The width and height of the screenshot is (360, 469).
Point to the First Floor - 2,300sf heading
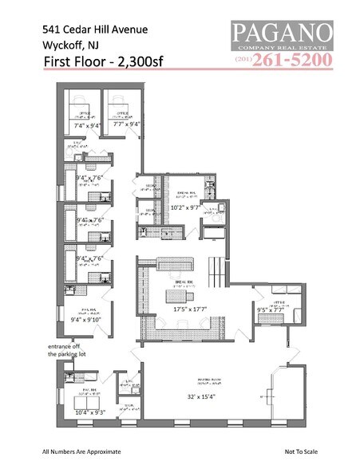(x=97, y=65)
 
